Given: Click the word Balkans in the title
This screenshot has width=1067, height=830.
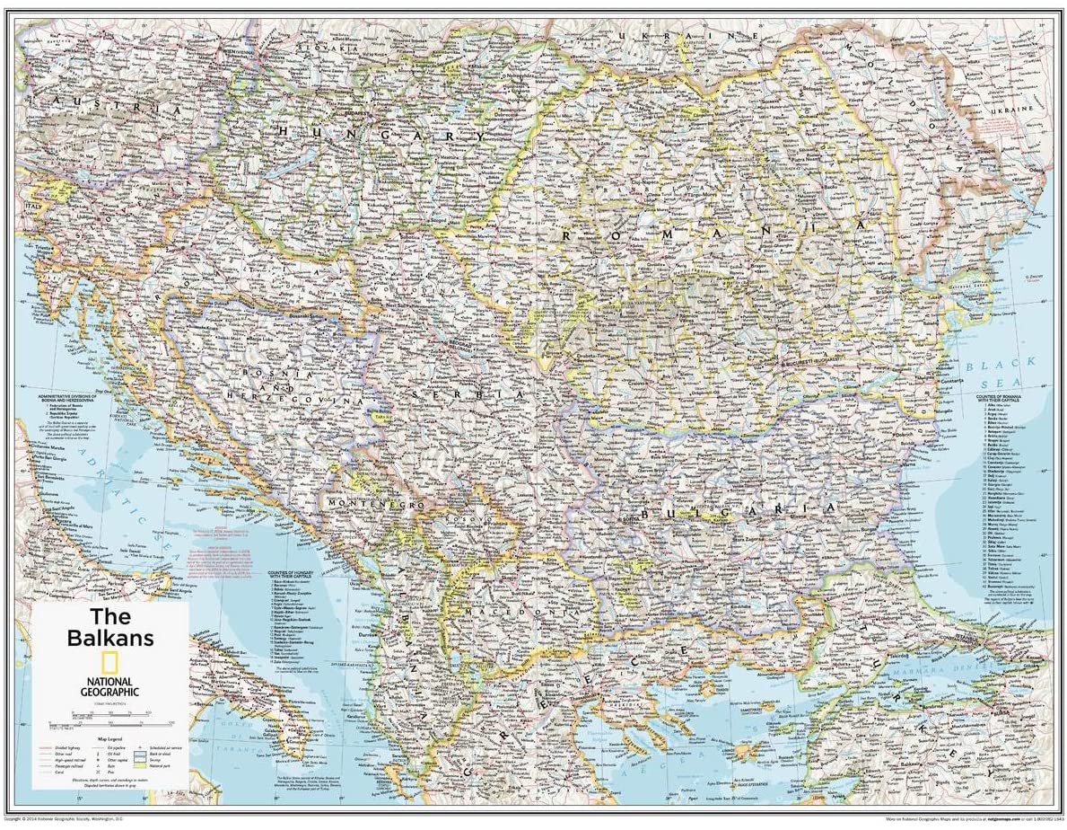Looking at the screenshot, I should click(110, 637).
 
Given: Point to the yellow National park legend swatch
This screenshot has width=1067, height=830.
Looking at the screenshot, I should click(140, 764).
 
